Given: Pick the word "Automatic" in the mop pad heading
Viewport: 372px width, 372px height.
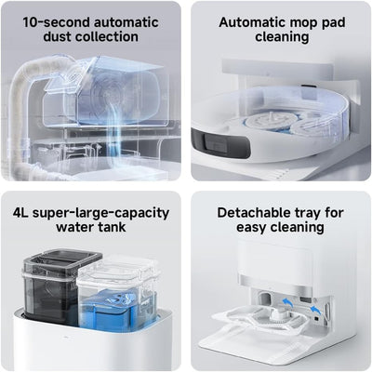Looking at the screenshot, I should coord(252,20).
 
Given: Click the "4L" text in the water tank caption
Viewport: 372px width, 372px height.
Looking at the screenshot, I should coord(22,213).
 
